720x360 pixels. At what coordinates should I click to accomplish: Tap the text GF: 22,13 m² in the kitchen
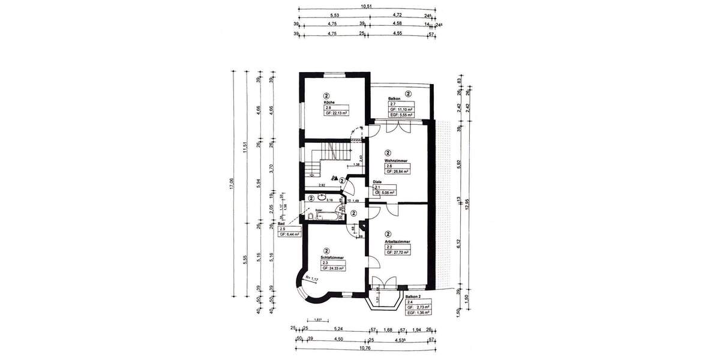click(x=337, y=112)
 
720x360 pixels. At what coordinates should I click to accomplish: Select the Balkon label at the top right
click(x=395, y=98)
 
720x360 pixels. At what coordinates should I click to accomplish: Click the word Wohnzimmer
click(x=398, y=160)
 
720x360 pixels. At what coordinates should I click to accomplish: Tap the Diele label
click(x=377, y=182)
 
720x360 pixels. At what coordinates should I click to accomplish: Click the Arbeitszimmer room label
click(x=398, y=242)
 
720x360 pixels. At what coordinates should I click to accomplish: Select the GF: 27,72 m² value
click(x=397, y=253)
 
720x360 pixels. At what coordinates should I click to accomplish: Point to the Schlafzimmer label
click(x=331, y=257)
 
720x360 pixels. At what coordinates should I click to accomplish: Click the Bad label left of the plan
click(x=281, y=223)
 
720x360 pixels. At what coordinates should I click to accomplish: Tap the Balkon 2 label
click(x=413, y=296)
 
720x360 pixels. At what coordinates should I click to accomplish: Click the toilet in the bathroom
click(x=310, y=215)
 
